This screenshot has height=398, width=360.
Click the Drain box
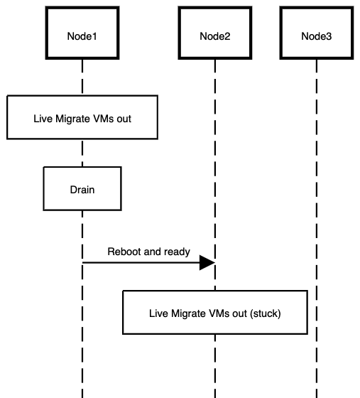coord(82,190)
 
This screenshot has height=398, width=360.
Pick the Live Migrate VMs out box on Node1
coord(82,117)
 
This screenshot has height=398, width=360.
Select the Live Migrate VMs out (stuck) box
coord(215,312)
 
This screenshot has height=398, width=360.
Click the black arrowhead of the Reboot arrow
coord(207,263)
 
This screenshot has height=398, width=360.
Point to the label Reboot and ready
coord(148,251)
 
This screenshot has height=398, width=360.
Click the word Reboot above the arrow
coord(123,251)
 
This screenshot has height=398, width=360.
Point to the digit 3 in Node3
coord(329,36)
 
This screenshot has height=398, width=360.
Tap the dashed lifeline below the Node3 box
coord(316,178)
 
